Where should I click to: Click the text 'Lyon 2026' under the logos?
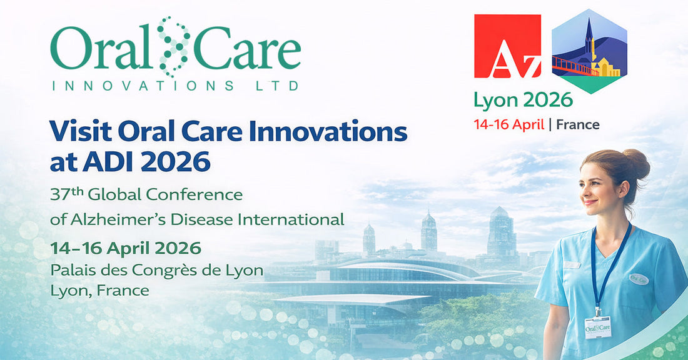[523, 99]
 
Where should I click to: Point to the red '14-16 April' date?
[508, 124]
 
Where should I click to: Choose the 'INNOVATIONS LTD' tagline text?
[175, 85]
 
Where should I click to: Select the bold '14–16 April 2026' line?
[126, 247]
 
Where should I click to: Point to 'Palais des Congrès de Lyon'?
[157, 271]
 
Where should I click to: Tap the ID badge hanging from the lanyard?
[598, 326]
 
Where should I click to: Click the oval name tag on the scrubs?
[639, 279]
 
